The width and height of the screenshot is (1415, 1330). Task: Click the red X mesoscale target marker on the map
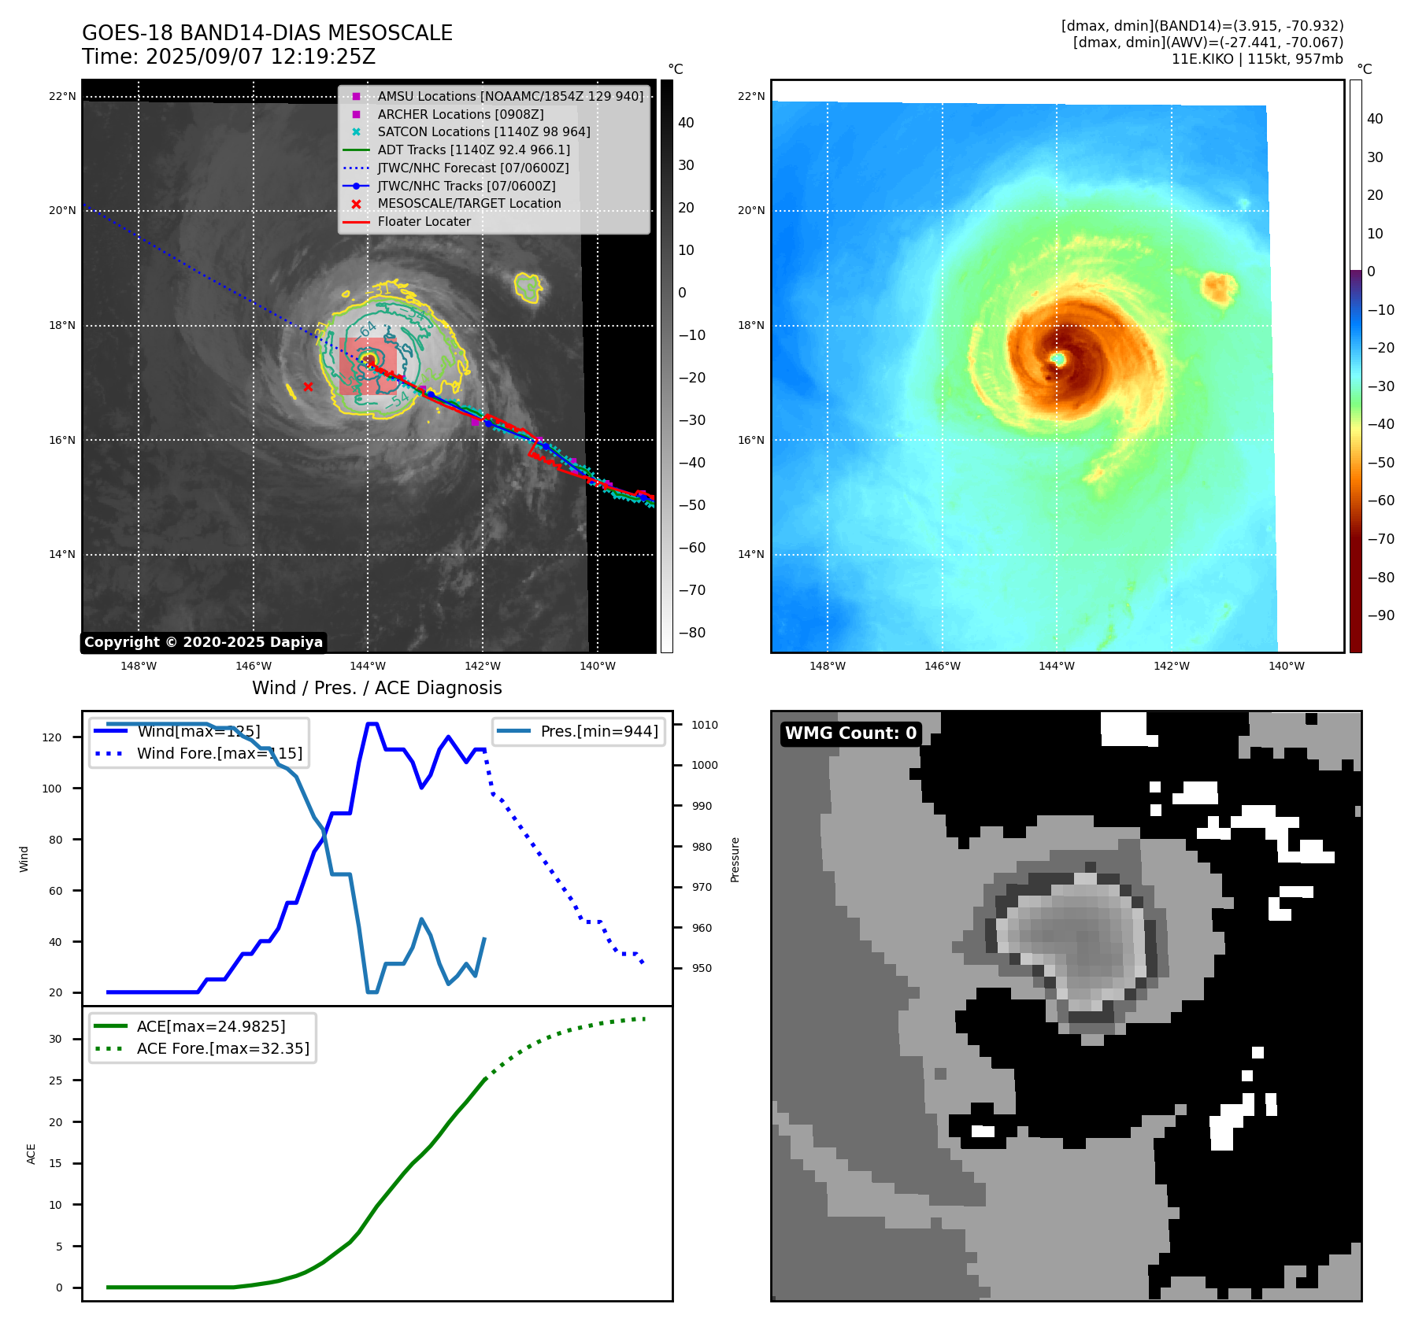click(308, 386)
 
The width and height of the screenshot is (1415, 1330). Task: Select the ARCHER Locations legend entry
click(460, 114)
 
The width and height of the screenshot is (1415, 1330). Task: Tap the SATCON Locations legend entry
click(483, 132)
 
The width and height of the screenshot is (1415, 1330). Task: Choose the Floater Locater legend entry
click(424, 222)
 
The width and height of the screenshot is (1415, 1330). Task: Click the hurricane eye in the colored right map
click(1058, 359)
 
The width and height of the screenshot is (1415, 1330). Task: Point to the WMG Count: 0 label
click(850, 733)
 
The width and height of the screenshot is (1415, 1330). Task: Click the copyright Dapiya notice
click(203, 642)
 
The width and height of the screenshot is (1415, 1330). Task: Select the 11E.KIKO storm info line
click(1257, 59)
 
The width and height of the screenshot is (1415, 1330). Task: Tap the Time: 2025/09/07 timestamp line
click(228, 57)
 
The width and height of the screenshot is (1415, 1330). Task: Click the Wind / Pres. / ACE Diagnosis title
click(376, 688)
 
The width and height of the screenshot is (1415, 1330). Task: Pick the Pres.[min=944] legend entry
click(598, 731)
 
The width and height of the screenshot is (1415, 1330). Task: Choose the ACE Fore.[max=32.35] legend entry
click(223, 1048)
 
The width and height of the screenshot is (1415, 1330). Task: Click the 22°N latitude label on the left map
click(62, 97)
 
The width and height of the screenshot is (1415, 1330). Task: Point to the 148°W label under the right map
click(827, 666)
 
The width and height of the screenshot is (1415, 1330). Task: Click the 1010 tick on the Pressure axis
click(705, 725)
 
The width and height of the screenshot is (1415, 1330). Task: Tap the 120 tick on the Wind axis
click(52, 737)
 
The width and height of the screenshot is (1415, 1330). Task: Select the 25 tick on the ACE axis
click(55, 1081)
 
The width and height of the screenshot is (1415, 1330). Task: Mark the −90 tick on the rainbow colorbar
click(1380, 615)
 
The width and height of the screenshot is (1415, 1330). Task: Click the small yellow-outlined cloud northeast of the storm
click(528, 287)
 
